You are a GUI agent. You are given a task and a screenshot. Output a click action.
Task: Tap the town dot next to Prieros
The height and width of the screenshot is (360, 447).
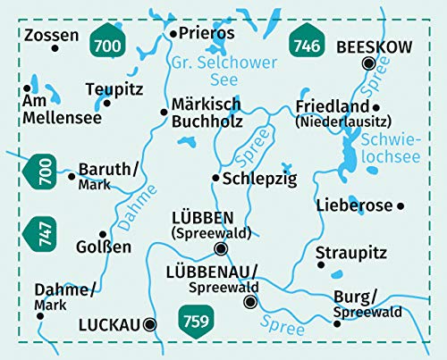[172, 34]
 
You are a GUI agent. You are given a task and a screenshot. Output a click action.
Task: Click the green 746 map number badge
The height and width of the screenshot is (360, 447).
[307, 42]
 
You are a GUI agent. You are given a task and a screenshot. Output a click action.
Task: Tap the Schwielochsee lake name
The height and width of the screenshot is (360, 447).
[385, 146]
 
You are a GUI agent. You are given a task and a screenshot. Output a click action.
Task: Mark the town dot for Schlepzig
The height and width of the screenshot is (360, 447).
[215, 178]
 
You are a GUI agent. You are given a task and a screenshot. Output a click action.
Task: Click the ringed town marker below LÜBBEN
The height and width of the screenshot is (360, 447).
[221, 249]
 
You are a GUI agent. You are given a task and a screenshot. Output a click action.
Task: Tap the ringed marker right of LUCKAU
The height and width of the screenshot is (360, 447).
[150, 324]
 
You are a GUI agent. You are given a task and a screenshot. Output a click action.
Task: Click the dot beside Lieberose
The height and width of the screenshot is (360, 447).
[401, 205]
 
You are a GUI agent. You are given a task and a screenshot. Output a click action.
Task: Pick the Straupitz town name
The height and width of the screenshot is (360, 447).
[350, 248]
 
